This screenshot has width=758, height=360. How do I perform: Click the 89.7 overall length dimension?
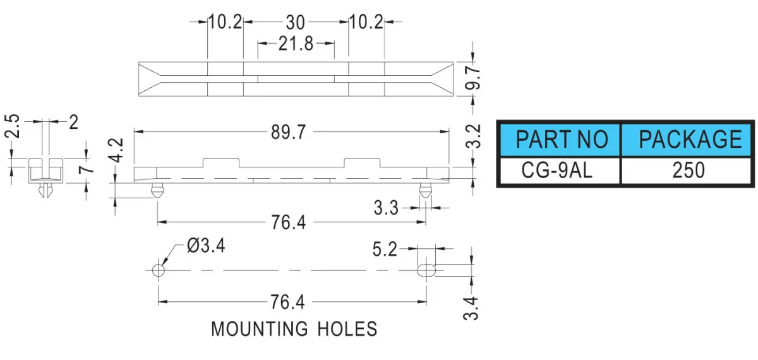pyautogui.click(x=288, y=132)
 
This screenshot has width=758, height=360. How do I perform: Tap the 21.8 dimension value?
pyautogui.click(x=296, y=44)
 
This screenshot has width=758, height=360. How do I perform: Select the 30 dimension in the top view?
pyautogui.click(x=296, y=23)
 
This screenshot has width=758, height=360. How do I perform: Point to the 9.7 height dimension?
pyautogui.click(x=472, y=78)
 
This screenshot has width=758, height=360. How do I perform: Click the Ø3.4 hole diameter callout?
pyautogui.click(x=206, y=245)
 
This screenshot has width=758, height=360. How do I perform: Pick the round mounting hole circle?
pyautogui.click(x=159, y=270)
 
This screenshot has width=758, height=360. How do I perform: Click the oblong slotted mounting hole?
pyautogui.click(x=426, y=270)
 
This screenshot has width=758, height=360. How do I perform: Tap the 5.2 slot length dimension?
pyautogui.click(x=385, y=249)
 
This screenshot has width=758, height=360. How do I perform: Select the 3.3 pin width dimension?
pyautogui.click(x=386, y=208)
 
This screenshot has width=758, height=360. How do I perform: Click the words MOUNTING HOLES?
pyautogui.click(x=294, y=329)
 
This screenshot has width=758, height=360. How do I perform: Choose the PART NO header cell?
pyautogui.click(x=560, y=140)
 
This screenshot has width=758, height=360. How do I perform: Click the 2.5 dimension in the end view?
pyautogui.click(x=12, y=126)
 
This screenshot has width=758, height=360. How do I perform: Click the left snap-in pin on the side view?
pyautogui.click(x=157, y=191)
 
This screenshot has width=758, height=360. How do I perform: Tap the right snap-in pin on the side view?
pyautogui.click(x=425, y=191)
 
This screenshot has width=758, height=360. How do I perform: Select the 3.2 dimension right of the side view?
pyautogui.click(x=473, y=136)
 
